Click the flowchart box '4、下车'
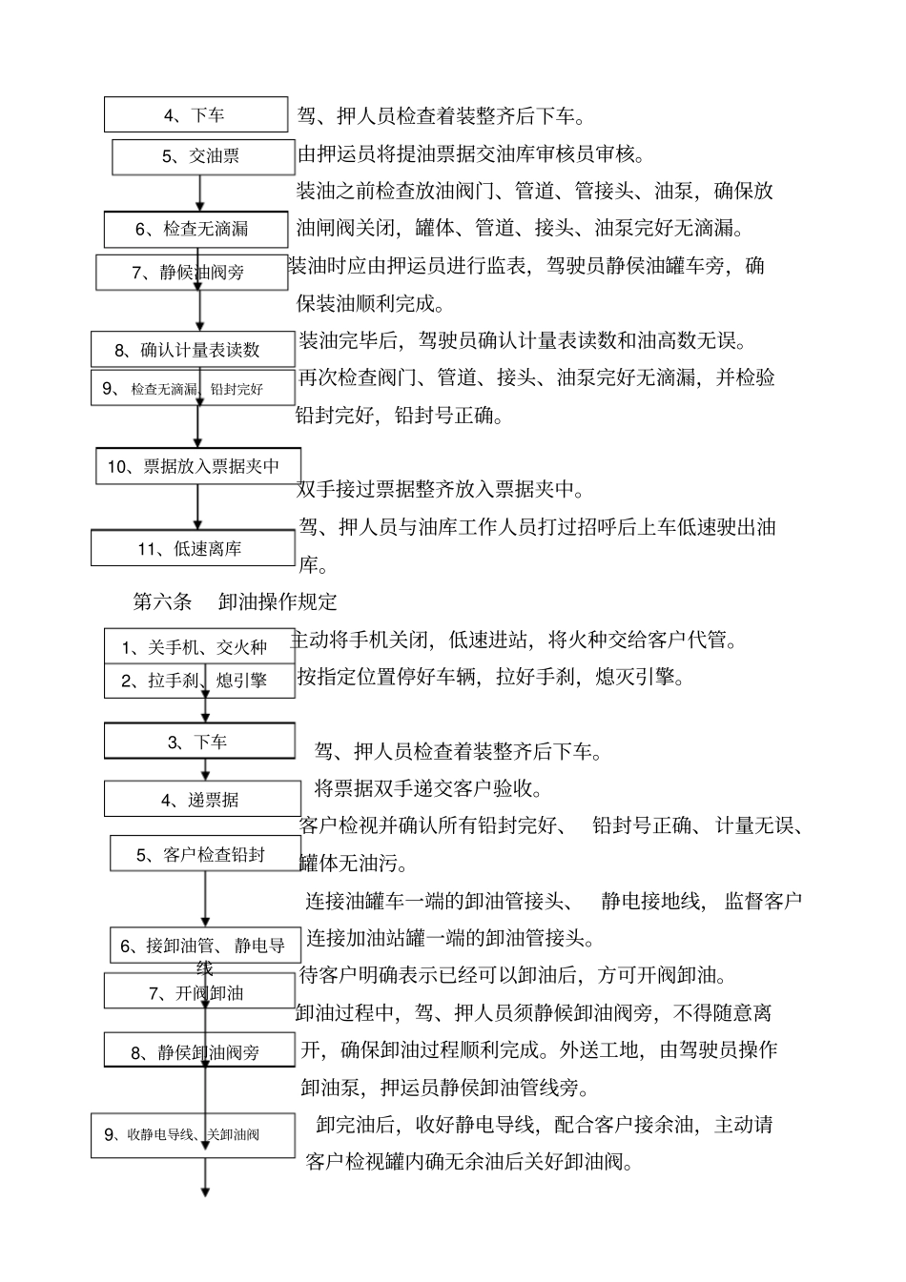[x=196, y=114]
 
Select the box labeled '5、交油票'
[x=203, y=156]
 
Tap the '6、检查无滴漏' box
[x=196, y=229]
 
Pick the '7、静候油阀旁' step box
[x=191, y=273]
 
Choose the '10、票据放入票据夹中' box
[x=198, y=466]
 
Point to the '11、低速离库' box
[x=194, y=548]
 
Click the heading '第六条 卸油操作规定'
[x=235, y=601]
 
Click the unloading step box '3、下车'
[x=198, y=742]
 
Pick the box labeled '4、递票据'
[x=198, y=800]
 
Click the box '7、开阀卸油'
[x=198, y=992]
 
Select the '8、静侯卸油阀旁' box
[x=198, y=1051]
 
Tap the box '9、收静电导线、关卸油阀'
[x=193, y=1135]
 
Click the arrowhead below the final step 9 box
[x=204, y=1190]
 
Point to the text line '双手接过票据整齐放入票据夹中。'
[x=441, y=490]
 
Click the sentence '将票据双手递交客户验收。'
[x=429, y=788]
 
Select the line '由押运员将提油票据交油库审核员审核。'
[x=472, y=154]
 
